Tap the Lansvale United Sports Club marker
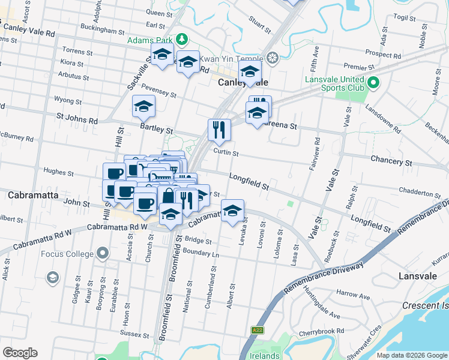(373, 83)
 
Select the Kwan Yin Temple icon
(273, 58)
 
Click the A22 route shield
(258, 330)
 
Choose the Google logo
(20, 353)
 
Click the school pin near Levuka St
(232, 211)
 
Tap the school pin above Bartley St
(143, 106)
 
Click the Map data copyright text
(411, 355)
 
